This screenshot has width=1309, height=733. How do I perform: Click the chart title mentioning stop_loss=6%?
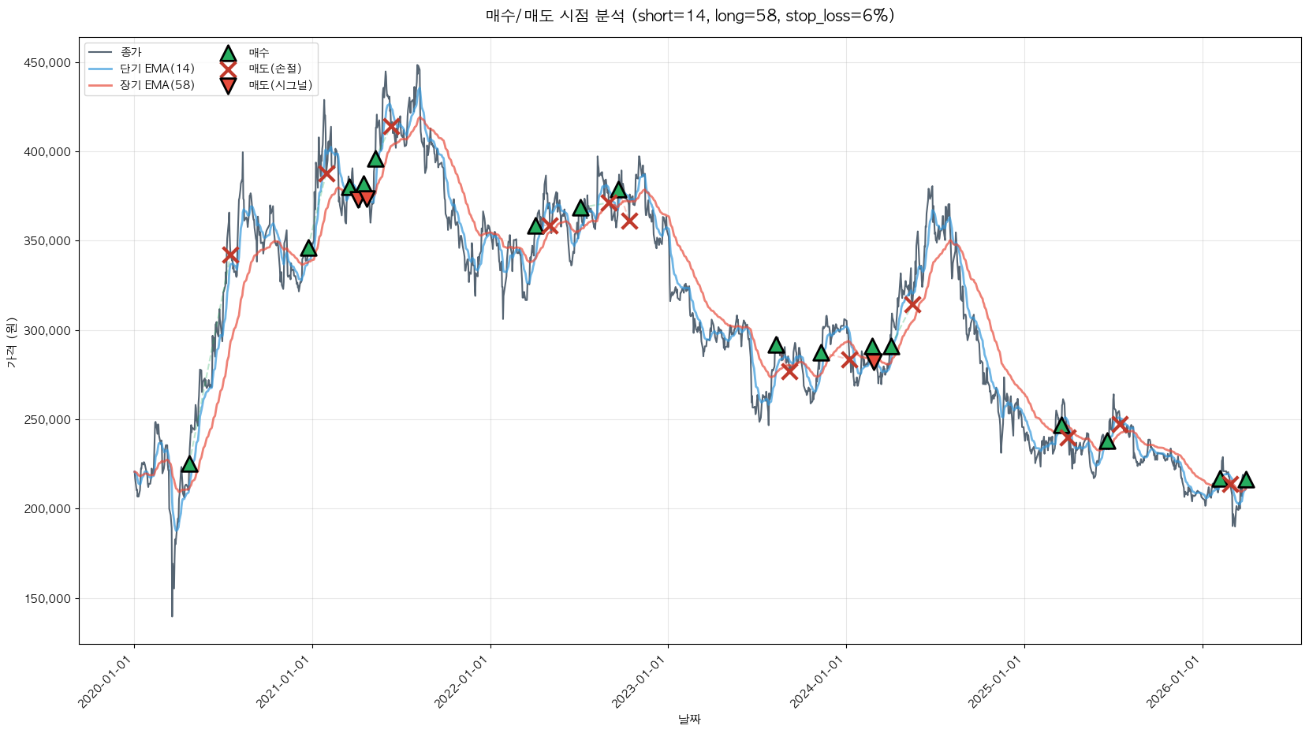click(x=689, y=16)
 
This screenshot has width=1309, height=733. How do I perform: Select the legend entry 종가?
click(x=131, y=52)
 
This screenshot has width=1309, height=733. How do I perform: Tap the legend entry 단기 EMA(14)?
click(x=157, y=69)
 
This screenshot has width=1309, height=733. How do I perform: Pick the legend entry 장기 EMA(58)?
click(x=157, y=85)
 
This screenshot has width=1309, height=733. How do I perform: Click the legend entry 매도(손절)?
click(x=274, y=69)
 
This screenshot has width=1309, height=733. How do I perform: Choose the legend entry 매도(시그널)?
click(x=280, y=85)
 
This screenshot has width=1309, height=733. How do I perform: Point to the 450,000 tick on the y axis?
click(x=47, y=63)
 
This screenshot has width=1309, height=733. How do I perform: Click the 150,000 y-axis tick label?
click(x=47, y=599)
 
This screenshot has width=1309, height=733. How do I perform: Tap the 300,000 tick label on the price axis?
click(x=47, y=331)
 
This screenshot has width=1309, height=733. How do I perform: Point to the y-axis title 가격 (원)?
click(x=11, y=343)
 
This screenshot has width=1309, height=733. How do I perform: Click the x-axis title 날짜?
click(x=689, y=719)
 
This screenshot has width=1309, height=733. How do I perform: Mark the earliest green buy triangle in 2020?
click(x=189, y=464)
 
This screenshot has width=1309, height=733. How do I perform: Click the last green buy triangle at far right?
click(x=1246, y=479)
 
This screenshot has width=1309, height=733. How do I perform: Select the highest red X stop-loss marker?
click(x=390, y=126)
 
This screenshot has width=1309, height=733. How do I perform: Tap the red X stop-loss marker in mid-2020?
click(x=230, y=255)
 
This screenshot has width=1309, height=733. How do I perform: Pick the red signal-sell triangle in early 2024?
click(x=874, y=361)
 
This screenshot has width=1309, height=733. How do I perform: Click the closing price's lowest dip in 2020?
click(x=172, y=616)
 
